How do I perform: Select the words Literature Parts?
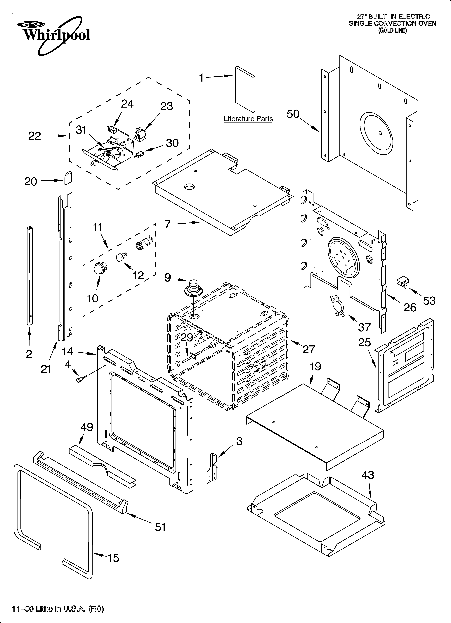pos(248,119)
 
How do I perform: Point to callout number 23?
pos(166,106)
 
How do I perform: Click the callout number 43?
pos(367,475)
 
